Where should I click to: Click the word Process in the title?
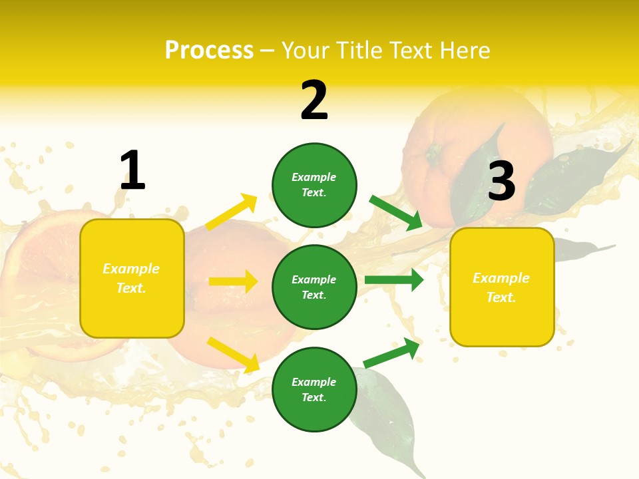point(209,51)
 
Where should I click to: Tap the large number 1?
point(132,171)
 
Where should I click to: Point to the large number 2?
point(314,101)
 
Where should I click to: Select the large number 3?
point(501,181)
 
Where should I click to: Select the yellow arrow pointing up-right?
point(231,212)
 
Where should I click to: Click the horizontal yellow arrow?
point(233,281)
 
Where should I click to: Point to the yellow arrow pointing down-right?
point(233,355)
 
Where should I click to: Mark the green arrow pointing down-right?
point(396,213)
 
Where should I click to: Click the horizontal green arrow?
point(394,280)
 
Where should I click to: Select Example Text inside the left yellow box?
point(131,278)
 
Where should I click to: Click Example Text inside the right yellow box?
point(501,287)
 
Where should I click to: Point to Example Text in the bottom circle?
point(314,390)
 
